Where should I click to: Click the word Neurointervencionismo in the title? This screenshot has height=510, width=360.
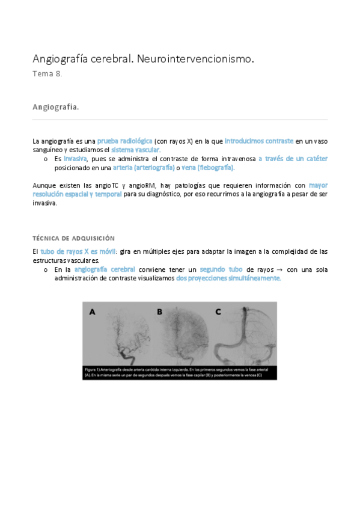196,59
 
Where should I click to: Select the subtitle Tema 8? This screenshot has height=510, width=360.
47,74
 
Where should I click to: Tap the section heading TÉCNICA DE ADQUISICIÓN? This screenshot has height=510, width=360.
73,238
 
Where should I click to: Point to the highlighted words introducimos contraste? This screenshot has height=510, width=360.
259,141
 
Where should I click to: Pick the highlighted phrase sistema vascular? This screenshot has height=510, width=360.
144,150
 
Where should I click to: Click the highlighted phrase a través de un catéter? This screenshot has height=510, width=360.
293,159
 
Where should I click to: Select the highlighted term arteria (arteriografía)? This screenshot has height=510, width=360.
144,167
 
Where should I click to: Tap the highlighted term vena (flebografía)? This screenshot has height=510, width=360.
207,167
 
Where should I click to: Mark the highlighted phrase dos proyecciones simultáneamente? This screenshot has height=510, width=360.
228,278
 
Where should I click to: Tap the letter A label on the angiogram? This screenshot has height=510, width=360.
92,312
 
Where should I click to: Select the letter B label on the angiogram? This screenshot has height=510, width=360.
160,312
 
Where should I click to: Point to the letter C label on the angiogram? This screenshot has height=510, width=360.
218,312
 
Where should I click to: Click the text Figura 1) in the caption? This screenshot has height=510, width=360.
93,368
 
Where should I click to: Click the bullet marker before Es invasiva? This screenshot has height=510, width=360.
46,159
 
